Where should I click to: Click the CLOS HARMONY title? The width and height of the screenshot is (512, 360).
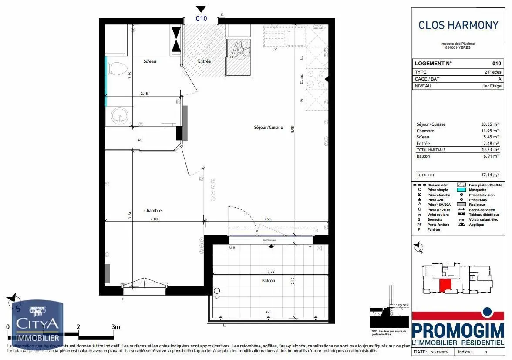click(458, 25)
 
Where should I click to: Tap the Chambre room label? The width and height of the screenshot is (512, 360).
click(153, 211)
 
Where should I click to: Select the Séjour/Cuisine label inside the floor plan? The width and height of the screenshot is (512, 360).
click(269, 128)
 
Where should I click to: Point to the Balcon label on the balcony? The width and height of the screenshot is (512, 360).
click(269, 281)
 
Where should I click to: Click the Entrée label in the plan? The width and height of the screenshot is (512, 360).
click(204, 61)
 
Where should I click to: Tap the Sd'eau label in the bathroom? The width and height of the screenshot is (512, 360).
click(150, 61)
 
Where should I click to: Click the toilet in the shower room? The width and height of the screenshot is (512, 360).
click(117, 69)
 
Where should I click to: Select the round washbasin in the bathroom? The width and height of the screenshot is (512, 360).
click(119, 116)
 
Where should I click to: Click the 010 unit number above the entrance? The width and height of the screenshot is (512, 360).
click(201, 19)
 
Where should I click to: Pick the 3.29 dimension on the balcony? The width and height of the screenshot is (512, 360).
click(271, 272)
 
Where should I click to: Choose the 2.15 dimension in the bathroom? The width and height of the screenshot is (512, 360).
click(145, 94)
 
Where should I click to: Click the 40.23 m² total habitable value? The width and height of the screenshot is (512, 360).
click(489, 150)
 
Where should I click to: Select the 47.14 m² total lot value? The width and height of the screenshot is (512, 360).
click(489, 175)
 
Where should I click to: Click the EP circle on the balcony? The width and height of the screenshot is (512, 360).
click(217, 290)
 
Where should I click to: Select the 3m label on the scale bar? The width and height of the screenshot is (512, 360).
click(115, 326)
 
